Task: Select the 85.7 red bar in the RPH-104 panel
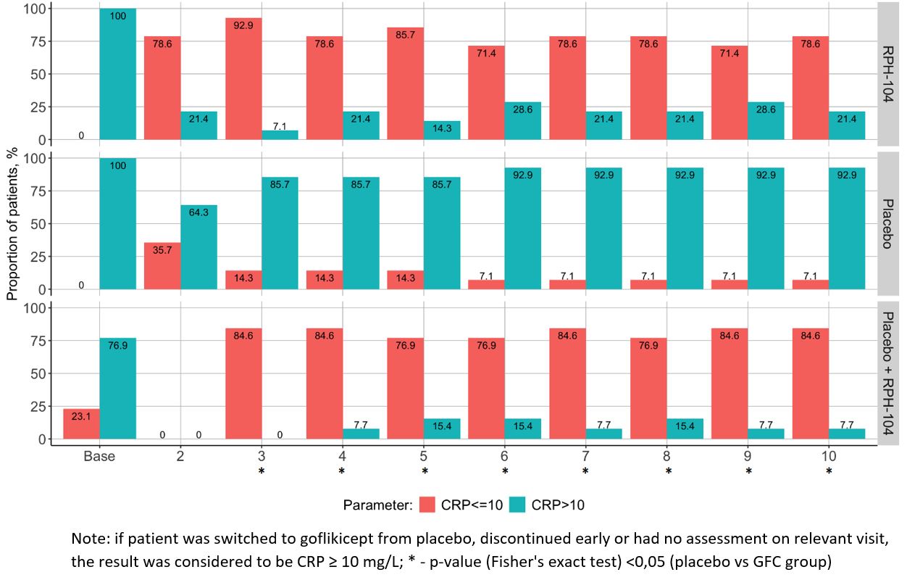pyautogui.click(x=406, y=83)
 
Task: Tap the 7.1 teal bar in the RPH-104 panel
pyautogui.click(x=280, y=135)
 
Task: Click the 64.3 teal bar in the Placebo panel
pyautogui.click(x=198, y=247)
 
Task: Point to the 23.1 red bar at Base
pyautogui.click(x=81, y=423)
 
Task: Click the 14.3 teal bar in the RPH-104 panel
pyautogui.click(x=442, y=130)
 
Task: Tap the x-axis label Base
pyautogui.click(x=99, y=456)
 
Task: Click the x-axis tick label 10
pyautogui.click(x=829, y=456)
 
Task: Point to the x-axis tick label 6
pyautogui.click(x=505, y=456)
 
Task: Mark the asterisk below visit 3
pyautogui.click(x=262, y=471)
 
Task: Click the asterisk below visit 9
pyautogui.click(x=749, y=471)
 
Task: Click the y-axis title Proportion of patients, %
pyautogui.click(x=12, y=220)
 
